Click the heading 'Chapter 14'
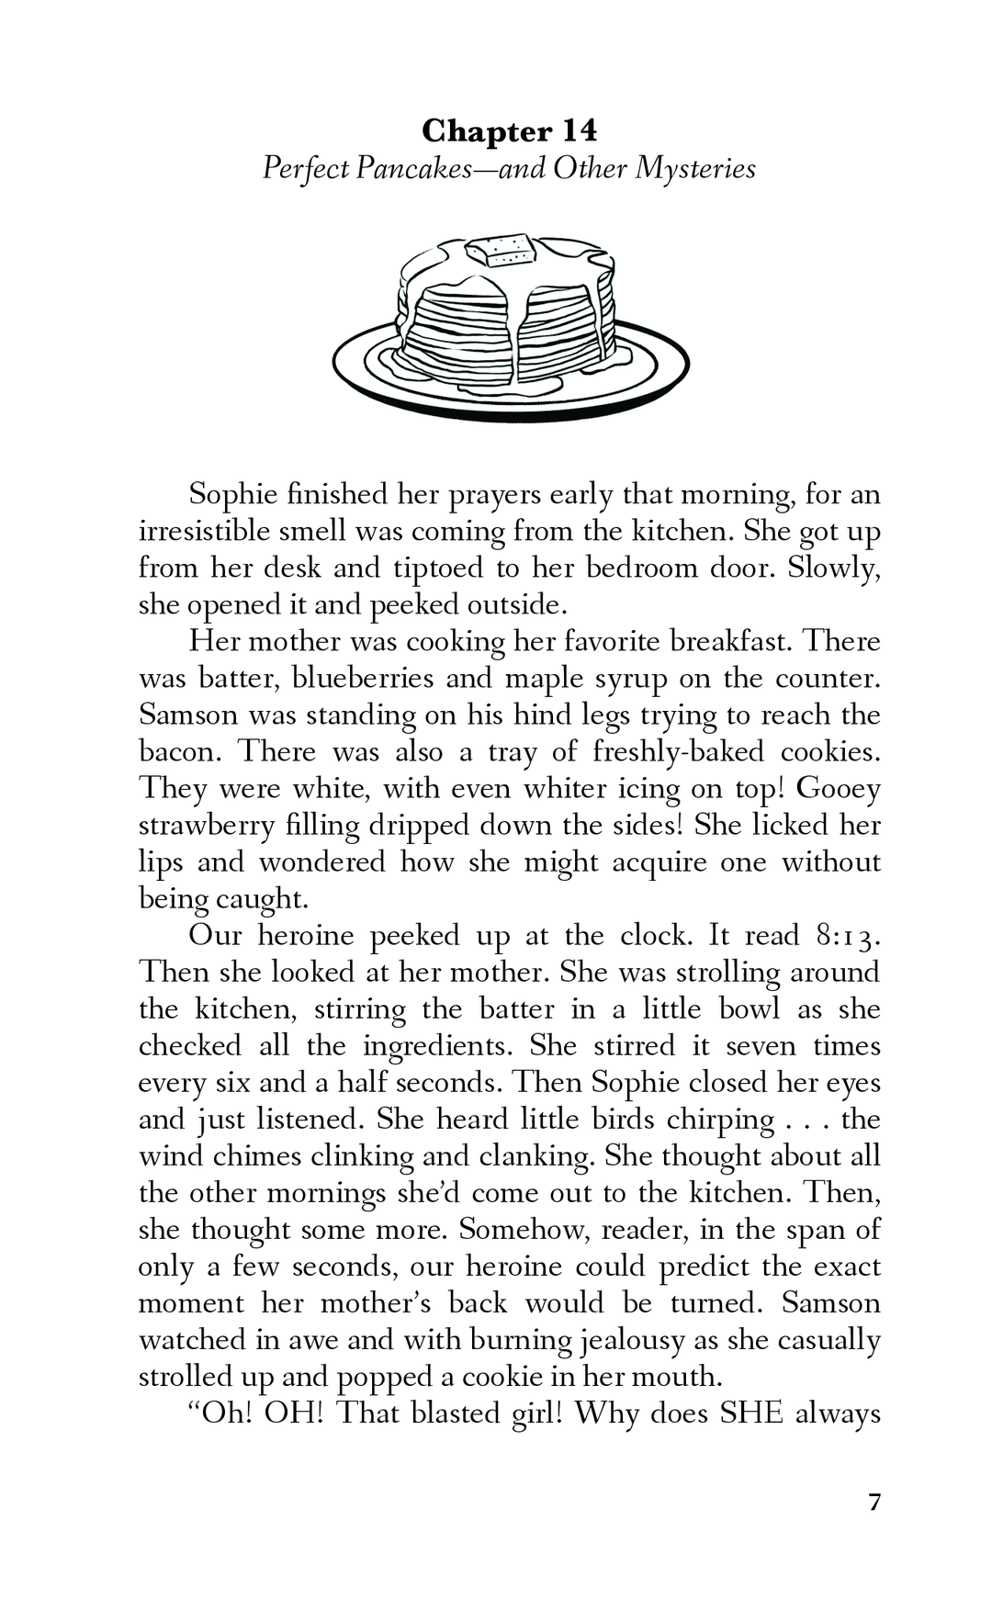[510, 131]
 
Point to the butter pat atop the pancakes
[499, 249]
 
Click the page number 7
[874, 1503]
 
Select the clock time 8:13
[847, 935]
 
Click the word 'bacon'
[179, 751]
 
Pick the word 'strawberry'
[207, 825]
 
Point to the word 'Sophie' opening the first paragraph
[232, 494]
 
